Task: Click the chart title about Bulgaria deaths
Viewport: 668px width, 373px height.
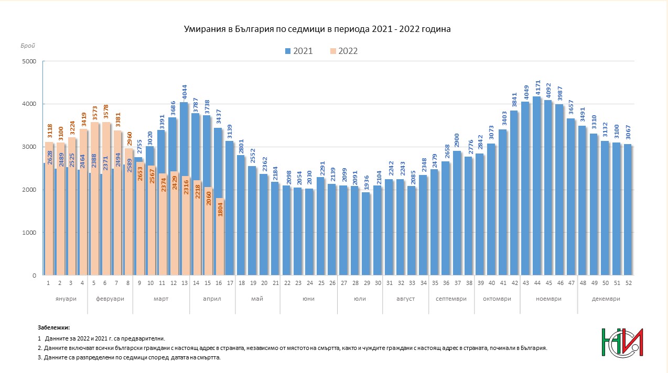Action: click(x=317, y=29)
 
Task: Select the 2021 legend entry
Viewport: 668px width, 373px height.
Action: click(x=299, y=51)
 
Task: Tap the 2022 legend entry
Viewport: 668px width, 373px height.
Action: click(x=344, y=51)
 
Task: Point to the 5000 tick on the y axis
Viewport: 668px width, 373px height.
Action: click(x=29, y=61)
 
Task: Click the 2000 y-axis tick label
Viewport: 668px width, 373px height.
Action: click(x=29, y=190)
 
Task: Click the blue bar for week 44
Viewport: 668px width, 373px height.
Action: click(x=537, y=185)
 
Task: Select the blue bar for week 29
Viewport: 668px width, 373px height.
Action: click(x=366, y=234)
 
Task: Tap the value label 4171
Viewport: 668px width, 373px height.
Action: click(x=537, y=87)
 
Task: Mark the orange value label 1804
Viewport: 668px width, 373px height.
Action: click(x=220, y=209)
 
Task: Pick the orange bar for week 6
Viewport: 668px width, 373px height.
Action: click(x=106, y=199)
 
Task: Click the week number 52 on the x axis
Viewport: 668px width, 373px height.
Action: click(x=628, y=283)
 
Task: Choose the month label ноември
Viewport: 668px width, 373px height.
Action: click(x=548, y=299)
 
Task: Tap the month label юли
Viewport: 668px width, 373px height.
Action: click(x=360, y=299)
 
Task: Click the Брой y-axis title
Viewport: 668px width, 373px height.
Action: click(x=28, y=46)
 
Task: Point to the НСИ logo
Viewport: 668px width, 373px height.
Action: click(x=622, y=342)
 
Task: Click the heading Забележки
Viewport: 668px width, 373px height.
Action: click(x=53, y=327)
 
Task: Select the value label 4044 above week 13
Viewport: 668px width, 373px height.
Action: click(x=185, y=93)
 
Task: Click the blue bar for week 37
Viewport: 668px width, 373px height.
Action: click(x=457, y=213)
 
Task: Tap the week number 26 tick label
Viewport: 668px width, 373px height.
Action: click(x=332, y=283)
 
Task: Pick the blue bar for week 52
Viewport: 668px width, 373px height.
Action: click(x=628, y=210)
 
